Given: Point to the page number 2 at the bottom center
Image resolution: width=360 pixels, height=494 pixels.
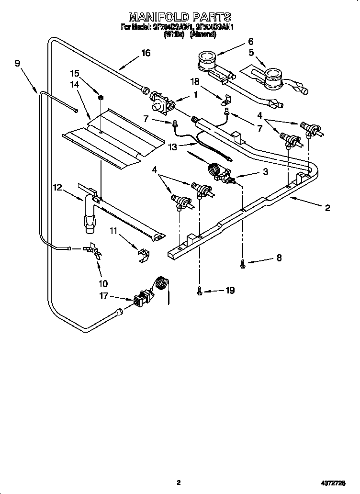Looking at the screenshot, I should tap(179, 483).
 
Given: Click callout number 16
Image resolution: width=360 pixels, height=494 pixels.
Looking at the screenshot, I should tap(145, 53).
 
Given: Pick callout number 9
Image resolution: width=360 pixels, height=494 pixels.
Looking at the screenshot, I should tap(18, 63).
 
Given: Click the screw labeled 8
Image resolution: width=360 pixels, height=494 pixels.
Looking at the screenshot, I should tap(243, 262).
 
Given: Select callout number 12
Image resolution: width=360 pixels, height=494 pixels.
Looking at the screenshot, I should tap(57, 188).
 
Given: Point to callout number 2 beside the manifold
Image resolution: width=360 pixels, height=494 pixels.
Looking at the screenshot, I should tap(327, 208).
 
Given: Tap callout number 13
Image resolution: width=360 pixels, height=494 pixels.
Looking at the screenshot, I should tap(170, 148).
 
